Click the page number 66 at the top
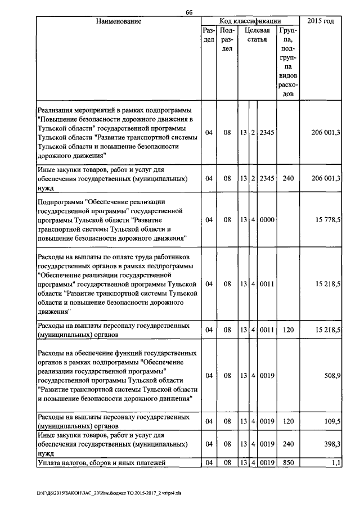click(x=189, y=12)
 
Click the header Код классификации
click(x=251, y=21)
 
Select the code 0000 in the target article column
click(x=267, y=220)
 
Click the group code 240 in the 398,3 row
click(x=289, y=444)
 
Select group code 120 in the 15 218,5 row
click(x=289, y=330)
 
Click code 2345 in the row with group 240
click(x=267, y=178)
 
